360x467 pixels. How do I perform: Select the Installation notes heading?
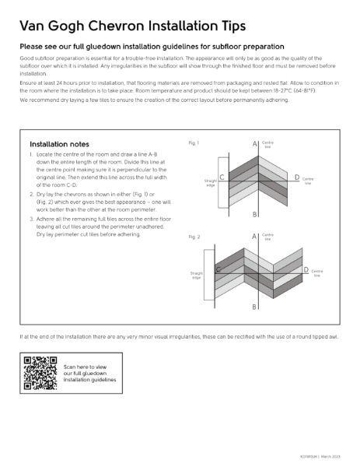click(59, 144)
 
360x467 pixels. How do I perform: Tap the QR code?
click(41, 372)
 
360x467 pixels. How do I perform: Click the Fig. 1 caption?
click(194, 143)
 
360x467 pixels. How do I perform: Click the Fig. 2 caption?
click(194, 236)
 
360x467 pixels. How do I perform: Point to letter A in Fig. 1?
click(254, 145)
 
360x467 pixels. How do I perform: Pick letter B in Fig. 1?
click(254, 214)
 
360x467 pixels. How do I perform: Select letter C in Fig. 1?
click(222, 178)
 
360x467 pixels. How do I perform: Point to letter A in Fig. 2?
click(254, 237)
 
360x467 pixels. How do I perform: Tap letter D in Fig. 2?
click(306, 270)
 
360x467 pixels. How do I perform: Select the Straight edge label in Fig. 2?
click(195, 276)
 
